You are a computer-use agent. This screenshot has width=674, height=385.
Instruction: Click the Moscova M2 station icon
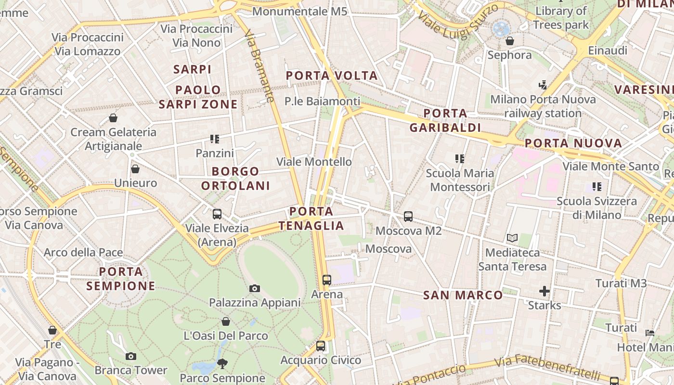[x=408, y=217]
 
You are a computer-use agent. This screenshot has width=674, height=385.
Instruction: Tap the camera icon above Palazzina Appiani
[x=255, y=288]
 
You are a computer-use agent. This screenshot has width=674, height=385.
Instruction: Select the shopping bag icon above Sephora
[x=510, y=41]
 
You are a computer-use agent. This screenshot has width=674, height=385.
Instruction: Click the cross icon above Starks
[x=544, y=291]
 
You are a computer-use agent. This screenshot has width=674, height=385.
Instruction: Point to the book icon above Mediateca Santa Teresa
[x=512, y=238]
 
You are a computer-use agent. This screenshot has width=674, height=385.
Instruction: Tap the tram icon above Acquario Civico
[x=321, y=346]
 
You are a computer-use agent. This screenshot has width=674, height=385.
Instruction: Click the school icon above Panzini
[x=215, y=139]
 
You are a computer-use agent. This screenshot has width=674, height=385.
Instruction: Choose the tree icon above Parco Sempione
[x=222, y=363]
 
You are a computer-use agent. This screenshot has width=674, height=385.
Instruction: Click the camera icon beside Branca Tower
[x=130, y=357]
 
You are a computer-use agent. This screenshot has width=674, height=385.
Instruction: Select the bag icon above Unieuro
[x=135, y=169]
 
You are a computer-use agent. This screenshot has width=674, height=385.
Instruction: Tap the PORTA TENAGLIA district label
[x=311, y=218]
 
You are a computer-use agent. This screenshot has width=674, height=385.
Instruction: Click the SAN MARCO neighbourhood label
[x=463, y=295]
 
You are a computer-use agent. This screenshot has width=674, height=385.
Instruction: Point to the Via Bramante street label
[x=259, y=66]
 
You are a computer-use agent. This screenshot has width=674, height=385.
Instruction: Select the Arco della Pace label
[x=83, y=252]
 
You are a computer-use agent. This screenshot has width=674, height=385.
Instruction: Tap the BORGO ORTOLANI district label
[x=235, y=179]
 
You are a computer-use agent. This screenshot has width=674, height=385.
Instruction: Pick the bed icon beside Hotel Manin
[x=650, y=333]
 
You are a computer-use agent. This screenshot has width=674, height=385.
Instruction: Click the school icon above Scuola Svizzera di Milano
[x=597, y=186]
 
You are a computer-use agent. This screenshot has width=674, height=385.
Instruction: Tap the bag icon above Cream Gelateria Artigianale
[x=113, y=118]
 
